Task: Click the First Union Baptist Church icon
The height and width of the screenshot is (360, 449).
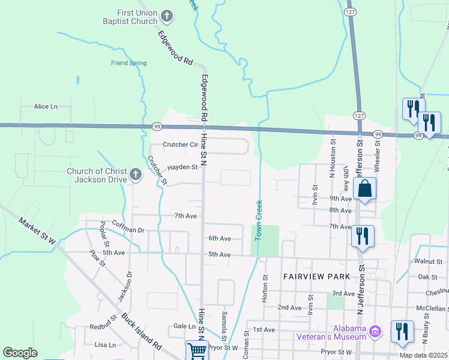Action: coord(167,16)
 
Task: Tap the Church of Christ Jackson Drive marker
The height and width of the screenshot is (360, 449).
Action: coord(136,175)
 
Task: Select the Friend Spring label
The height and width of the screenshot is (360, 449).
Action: coord(128,63)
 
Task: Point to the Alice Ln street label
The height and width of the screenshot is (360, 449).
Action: coord(46,106)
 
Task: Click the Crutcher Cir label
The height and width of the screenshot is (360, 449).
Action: coord(180,145)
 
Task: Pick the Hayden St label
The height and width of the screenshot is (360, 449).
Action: coord(182,167)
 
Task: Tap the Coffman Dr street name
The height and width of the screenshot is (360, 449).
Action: coord(128,230)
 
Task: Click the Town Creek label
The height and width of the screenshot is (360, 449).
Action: coord(259,220)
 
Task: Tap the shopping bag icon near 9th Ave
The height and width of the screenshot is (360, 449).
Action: coord(364,189)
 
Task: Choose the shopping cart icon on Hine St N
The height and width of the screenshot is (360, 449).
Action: coord(197,350)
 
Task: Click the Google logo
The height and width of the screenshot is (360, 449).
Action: coord(20,353)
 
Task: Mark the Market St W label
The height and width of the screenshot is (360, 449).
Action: coord(37,231)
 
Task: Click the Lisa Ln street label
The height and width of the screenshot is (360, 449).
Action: coord(105,345)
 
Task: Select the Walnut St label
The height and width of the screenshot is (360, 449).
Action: coord(428,262)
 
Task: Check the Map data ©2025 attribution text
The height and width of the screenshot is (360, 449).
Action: coord(423,355)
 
